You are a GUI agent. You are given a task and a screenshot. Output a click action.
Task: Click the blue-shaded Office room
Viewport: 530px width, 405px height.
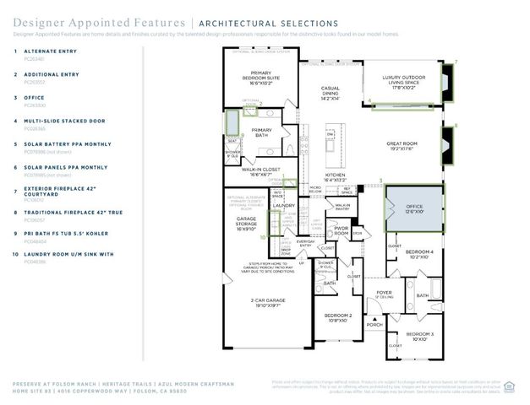[413, 207]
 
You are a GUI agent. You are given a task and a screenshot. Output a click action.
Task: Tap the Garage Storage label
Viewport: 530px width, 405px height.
[246, 224]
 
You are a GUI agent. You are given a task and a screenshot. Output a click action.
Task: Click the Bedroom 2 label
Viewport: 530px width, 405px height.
[339, 318]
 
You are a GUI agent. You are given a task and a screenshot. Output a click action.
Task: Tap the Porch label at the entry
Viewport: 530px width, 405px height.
[374, 324]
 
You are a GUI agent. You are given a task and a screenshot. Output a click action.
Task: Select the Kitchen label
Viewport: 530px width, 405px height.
[336, 177]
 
